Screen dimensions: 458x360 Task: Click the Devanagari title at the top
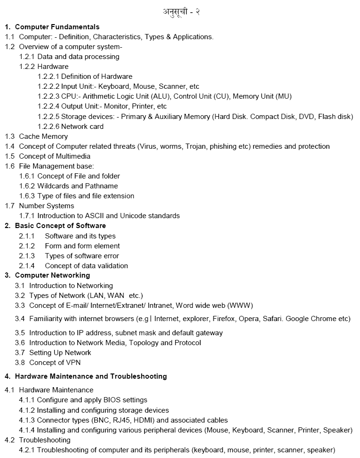tap(181, 12)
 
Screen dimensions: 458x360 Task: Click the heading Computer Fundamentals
tap(57, 27)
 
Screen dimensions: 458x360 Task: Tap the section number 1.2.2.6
tap(49, 127)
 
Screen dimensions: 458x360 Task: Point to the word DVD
tap(307, 117)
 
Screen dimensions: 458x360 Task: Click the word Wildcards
tap(54, 186)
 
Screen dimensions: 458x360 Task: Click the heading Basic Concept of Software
tap(60, 226)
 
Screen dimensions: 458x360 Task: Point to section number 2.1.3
tap(27, 256)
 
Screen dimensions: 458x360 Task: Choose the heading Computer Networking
tap(52, 275)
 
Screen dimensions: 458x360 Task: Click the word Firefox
tap(222, 319)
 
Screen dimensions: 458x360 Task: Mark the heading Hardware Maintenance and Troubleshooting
tap(91, 376)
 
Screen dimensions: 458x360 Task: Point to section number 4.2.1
tap(27, 450)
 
